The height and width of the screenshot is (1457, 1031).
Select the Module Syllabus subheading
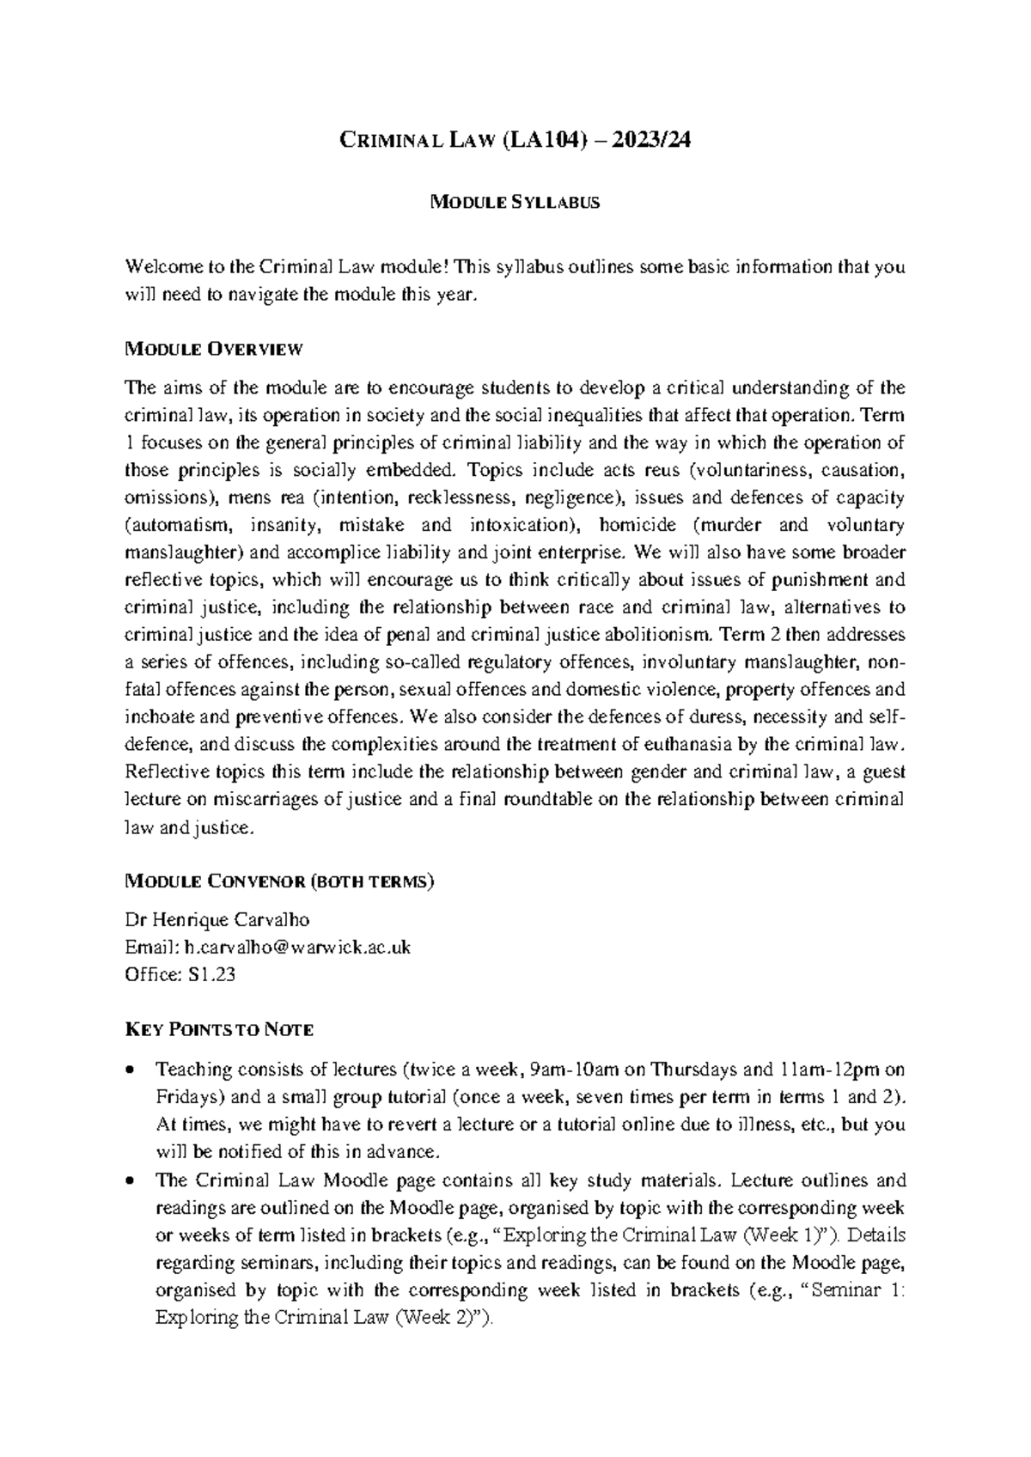point(515,204)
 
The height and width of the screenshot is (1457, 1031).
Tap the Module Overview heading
point(214,349)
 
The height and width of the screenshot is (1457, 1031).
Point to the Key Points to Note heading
point(219,1029)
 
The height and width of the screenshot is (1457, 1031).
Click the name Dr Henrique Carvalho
point(217,920)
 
